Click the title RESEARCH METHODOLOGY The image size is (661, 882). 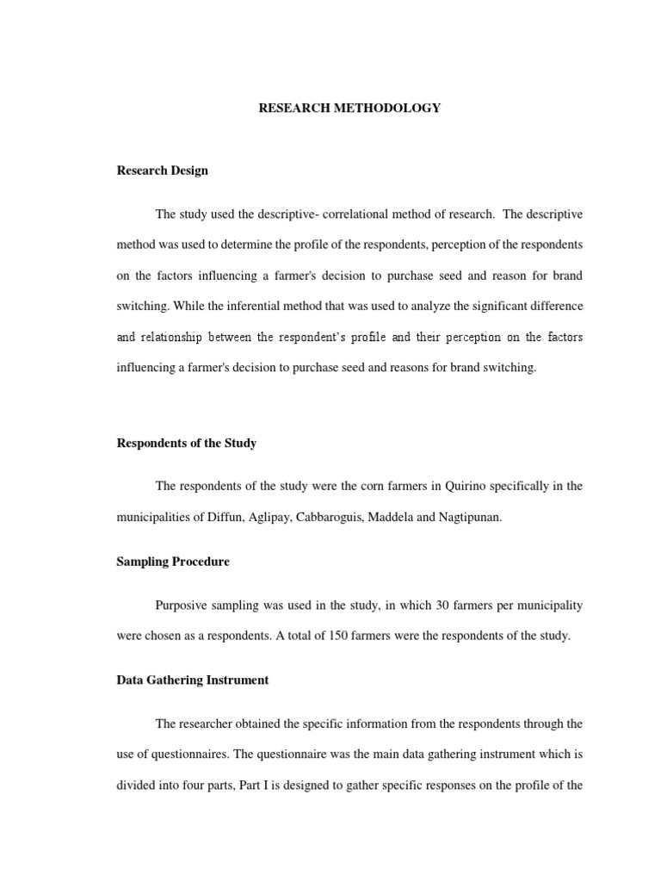(x=349, y=109)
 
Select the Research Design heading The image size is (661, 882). (x=163, y=171)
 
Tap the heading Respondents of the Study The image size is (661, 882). (x=187, y=444)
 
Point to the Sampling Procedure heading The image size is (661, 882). (x=173, y=562)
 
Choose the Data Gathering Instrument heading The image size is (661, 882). (x=193, y=680)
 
